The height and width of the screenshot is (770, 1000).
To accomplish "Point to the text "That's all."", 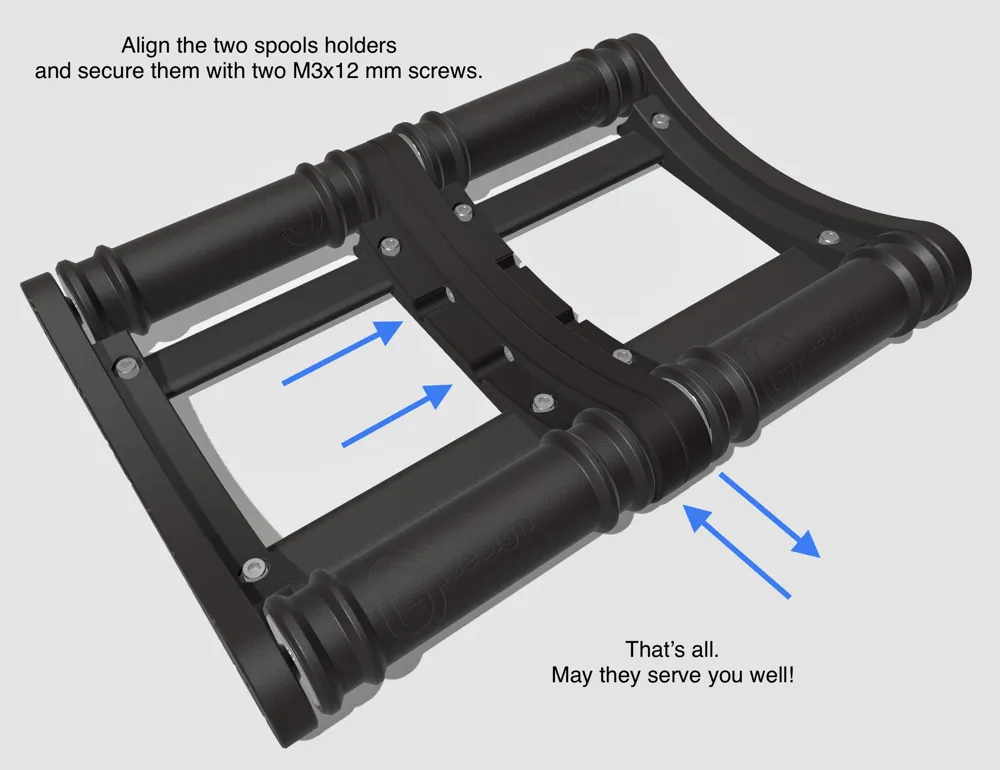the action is tap(672, 649).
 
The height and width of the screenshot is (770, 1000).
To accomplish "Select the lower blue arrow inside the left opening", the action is tap(397, 415).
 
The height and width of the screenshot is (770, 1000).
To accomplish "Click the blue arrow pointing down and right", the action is tap(769, 515).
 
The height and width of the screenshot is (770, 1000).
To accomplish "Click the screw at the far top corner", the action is tap(661, 119).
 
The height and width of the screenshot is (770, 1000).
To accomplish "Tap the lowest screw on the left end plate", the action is tap(255, 567).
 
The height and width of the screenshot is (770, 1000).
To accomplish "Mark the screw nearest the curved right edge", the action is tap(828, 237).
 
